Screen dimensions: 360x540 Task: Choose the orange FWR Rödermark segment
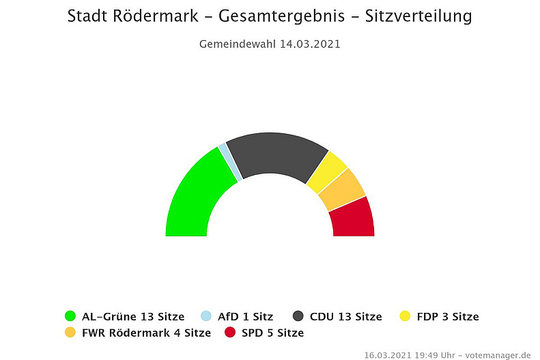[x=341, y=190]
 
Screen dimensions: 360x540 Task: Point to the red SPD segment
[x=352, y=218]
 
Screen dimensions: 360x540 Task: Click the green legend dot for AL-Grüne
[x=70, y=316]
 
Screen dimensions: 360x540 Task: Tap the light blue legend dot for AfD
[x=205, y=316]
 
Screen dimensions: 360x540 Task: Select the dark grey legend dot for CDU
[x=298, y=316]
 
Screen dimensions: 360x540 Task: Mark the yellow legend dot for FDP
[x=406, y=316]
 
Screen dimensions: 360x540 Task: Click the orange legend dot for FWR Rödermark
[x=70, y=333]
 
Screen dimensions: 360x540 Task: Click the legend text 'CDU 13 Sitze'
[x=345, y=316]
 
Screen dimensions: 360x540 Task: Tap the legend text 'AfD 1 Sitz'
[x=245, y=316]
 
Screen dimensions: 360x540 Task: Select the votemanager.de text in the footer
[x=498, y=355]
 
